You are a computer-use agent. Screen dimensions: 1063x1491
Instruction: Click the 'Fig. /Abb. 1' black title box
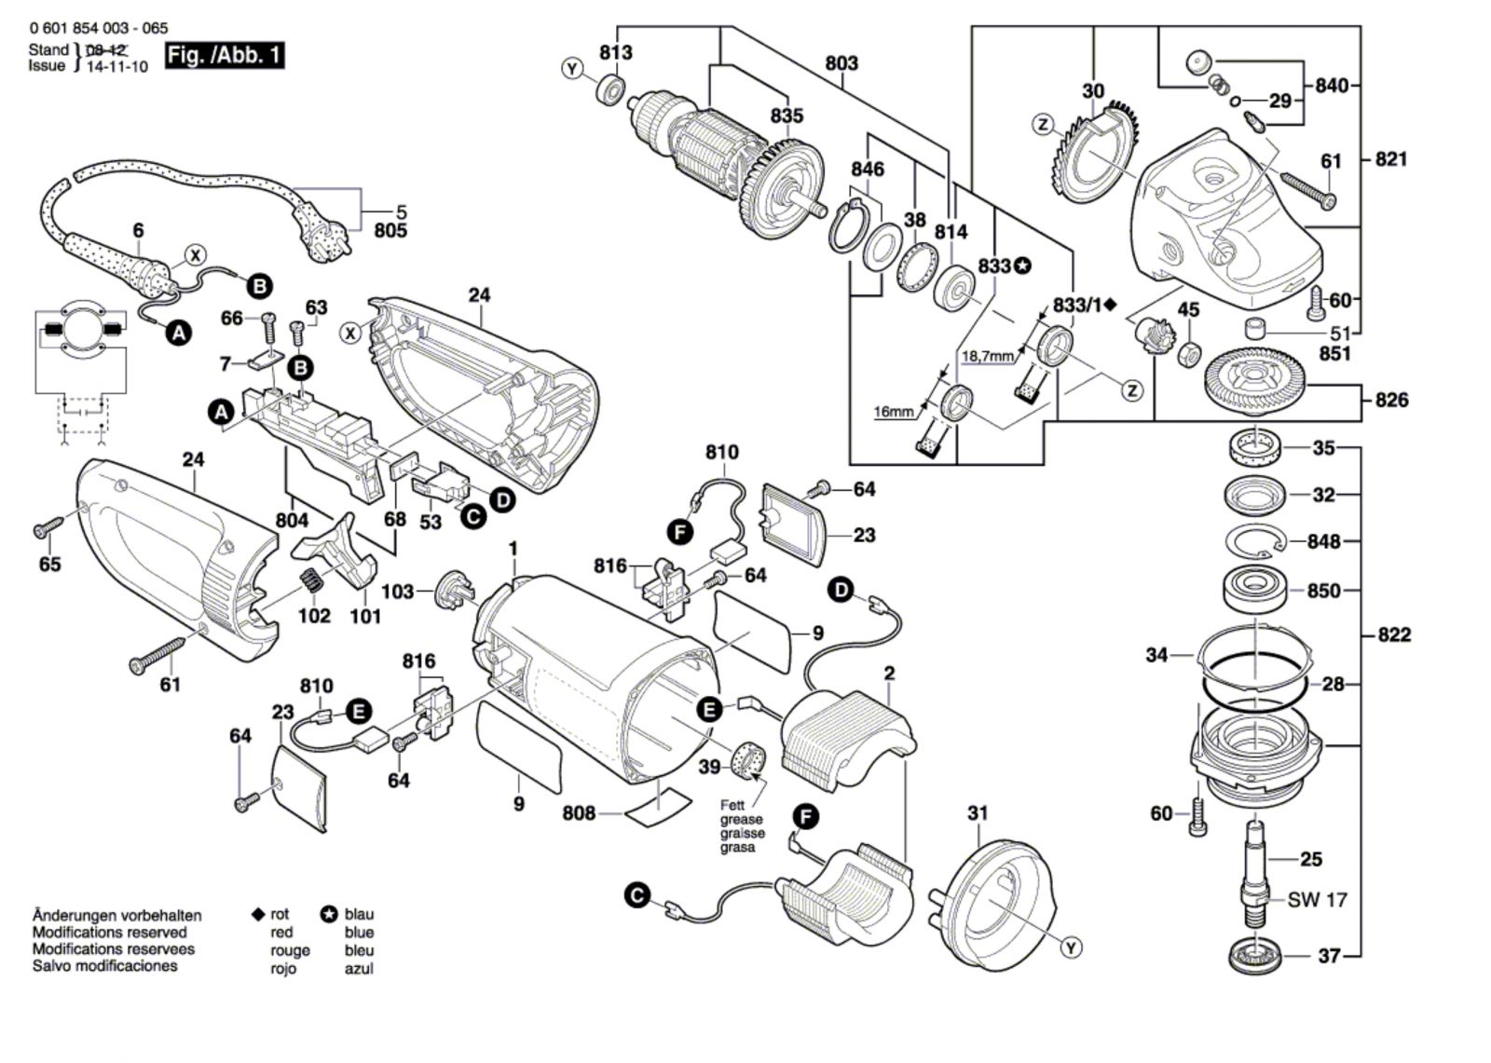pos(224,55)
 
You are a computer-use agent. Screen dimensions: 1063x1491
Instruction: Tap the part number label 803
pos(841,63)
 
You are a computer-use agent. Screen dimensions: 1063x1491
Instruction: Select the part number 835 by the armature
pos(787,116)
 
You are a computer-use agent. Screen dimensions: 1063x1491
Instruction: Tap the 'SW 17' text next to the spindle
pos(1318,900)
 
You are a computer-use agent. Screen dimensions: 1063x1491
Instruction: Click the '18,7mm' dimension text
pos(987,356)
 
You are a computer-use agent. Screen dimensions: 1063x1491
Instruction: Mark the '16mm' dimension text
pos(894,411)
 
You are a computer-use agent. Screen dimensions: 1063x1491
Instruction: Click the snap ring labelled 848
pos(1255,540)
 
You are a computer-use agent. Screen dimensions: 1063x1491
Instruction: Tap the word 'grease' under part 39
pos(742,820)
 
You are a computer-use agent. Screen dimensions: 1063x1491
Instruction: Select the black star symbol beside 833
pos(1023,266)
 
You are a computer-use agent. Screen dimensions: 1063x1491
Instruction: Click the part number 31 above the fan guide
pos(977,813)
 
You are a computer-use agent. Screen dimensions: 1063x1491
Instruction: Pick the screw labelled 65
pos(48,528)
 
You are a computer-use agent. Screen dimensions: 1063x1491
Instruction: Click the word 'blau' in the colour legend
pos(359,915)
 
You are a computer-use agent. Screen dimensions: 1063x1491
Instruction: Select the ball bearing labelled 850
pos(1254,590)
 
